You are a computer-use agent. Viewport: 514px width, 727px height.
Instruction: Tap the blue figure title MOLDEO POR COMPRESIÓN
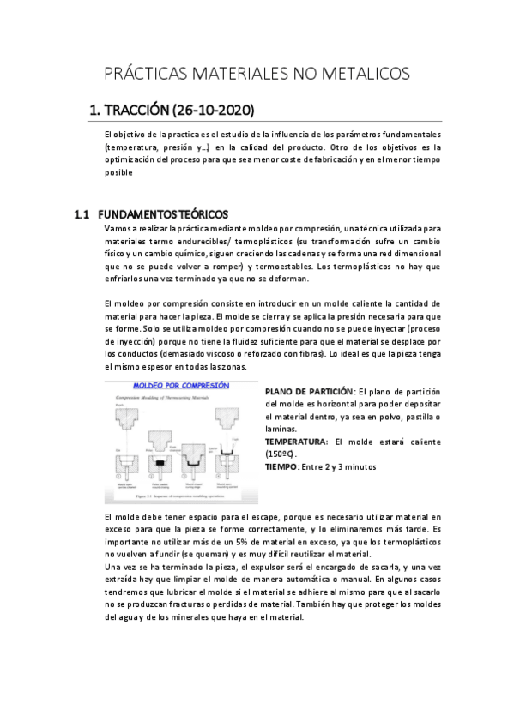181,386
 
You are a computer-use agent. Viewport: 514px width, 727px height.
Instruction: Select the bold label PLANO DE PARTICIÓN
309,391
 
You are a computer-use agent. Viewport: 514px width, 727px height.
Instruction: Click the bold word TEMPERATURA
296,442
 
